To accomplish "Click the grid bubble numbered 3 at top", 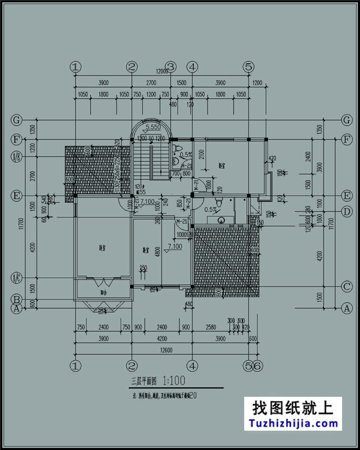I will [x=171, y=67].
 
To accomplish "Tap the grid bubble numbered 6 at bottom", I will [x=258, y=365].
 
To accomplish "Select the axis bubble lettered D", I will [x=347, y=211].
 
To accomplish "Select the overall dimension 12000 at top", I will [x=162, y=72].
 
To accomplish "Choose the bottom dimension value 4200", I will [x=162, y=339].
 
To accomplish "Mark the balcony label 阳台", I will [x=103, y=292].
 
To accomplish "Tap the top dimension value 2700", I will [x=151, y=83].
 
